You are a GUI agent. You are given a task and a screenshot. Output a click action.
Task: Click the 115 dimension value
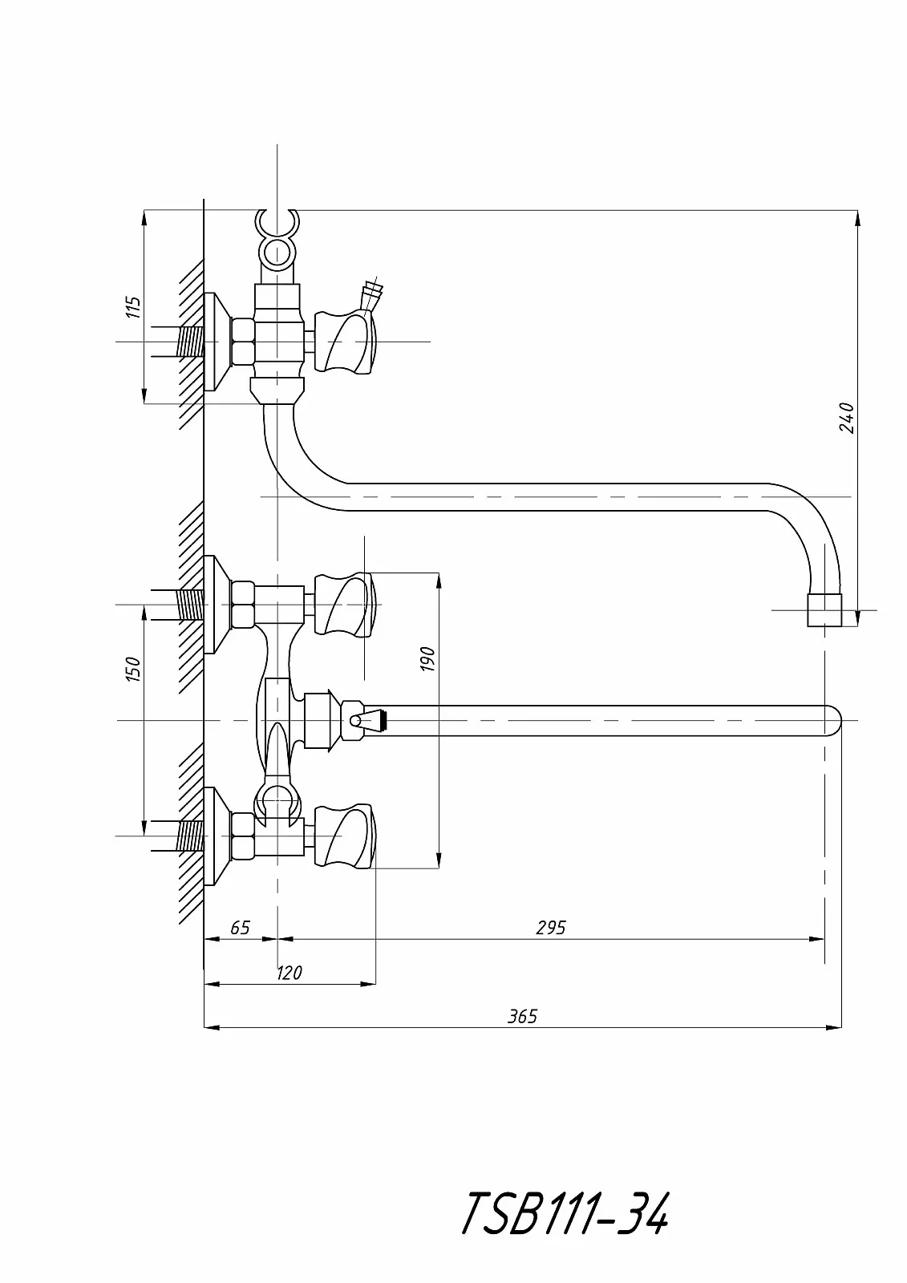coord(134,307)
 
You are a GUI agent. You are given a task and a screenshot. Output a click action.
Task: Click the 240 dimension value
coord(846,418)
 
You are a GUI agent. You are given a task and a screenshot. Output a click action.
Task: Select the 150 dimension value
coord(134,669)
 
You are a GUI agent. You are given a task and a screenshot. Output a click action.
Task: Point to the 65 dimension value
coord(240,928)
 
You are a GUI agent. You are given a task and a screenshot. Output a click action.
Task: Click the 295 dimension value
coord(550,928)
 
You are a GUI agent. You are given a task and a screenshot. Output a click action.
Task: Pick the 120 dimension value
coord(289,973)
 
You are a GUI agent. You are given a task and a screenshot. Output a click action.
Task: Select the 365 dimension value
coord(522,1017)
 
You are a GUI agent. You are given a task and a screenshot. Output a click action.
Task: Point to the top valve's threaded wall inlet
coord(190,342)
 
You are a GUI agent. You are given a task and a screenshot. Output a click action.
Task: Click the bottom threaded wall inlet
coord(190,836)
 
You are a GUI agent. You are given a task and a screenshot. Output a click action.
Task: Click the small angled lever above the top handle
coord(371,294)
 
